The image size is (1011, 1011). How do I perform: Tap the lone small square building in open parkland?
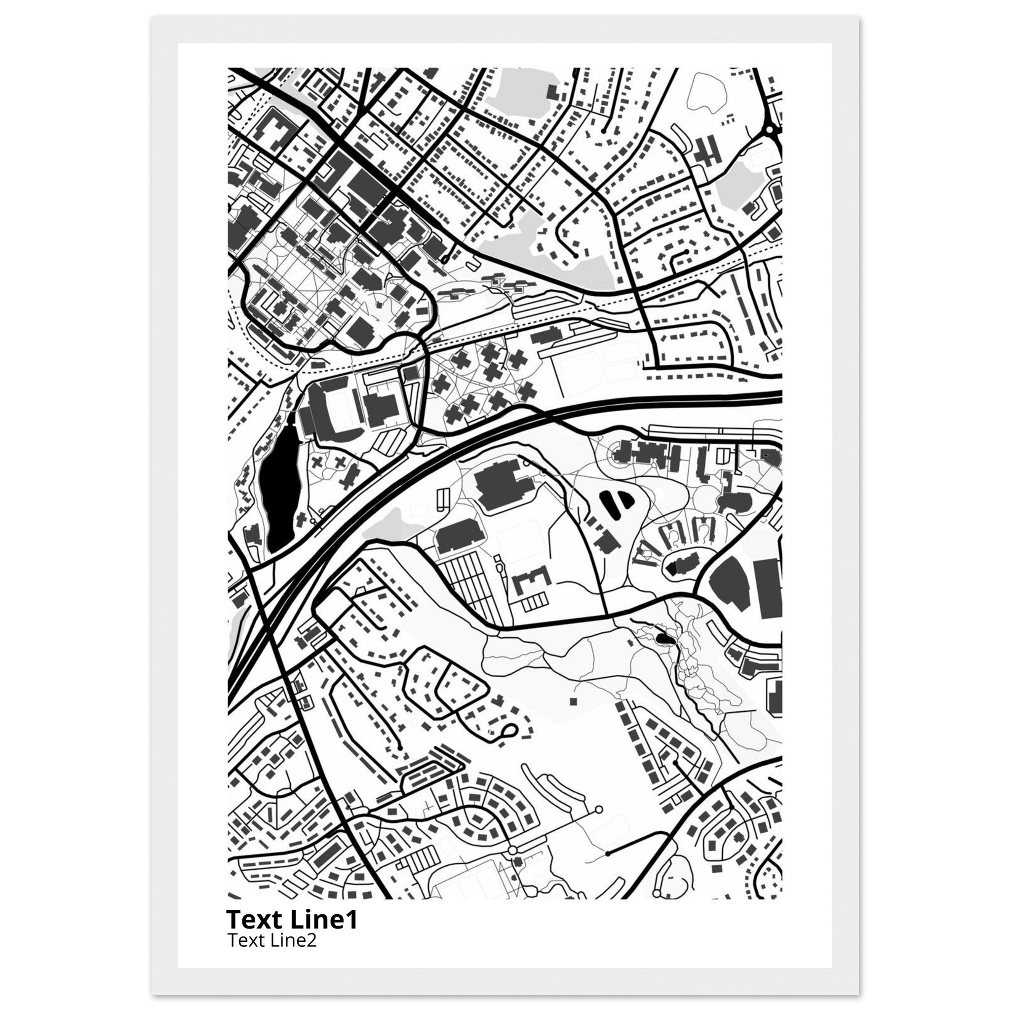pyautogui.click(x=573, y=700)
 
